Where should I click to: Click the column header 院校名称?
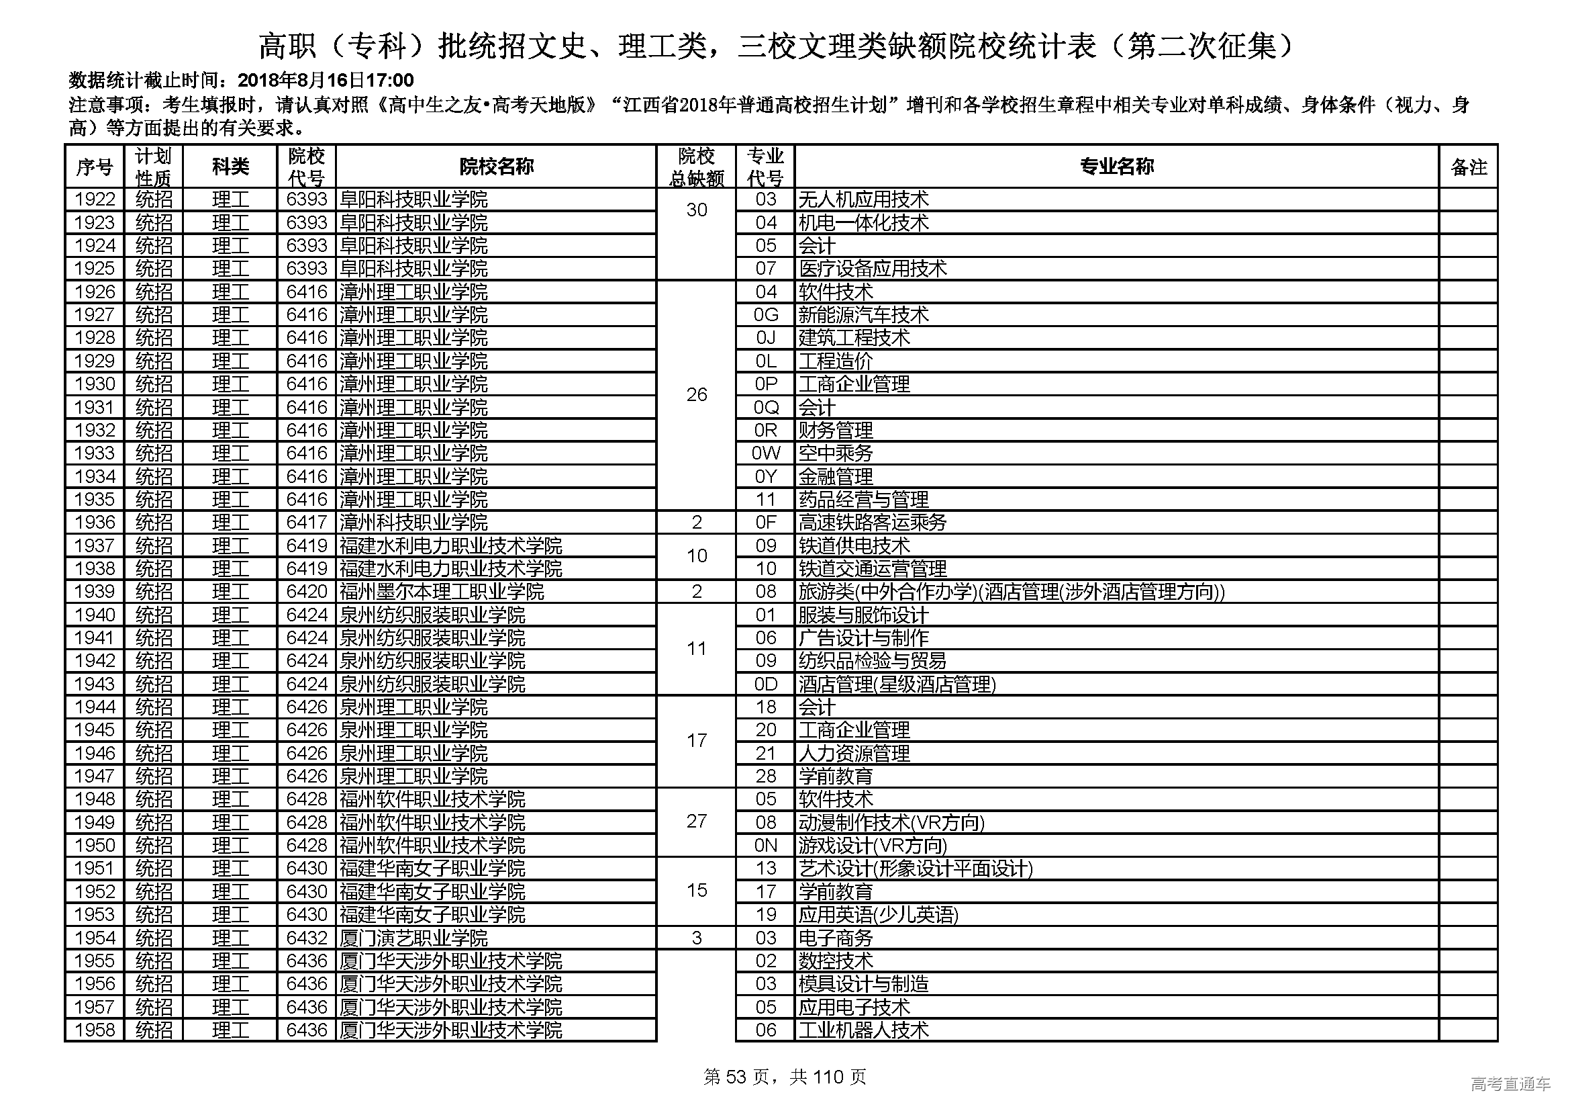click(x=496, y=166)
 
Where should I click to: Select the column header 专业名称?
click(x=1116, y=166)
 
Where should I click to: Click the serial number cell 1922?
click(x=95, y=199)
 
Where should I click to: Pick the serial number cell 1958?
click(x=95, y=1030)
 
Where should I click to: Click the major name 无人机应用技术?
click(x=864, y=199)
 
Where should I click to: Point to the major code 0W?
click(x=765, y=453)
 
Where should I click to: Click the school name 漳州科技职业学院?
click(x=413, y=523)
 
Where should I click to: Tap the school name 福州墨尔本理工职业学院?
click(x=442, y=592)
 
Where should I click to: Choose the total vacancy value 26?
click(x=696, y=395)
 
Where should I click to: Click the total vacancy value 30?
click(x=696, y=210)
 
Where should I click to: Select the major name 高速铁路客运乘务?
click(x=873, y=523)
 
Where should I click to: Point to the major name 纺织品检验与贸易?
click(x=873, y=661)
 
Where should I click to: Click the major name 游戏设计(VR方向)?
click(x=873, y=846)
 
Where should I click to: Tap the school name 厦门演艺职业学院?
click(x=413, y=938)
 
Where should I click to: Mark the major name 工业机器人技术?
click(x=864, y=1030)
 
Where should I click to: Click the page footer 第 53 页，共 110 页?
click(x=785, y=1077)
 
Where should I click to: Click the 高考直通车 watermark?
click(x=1510, y=1083)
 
